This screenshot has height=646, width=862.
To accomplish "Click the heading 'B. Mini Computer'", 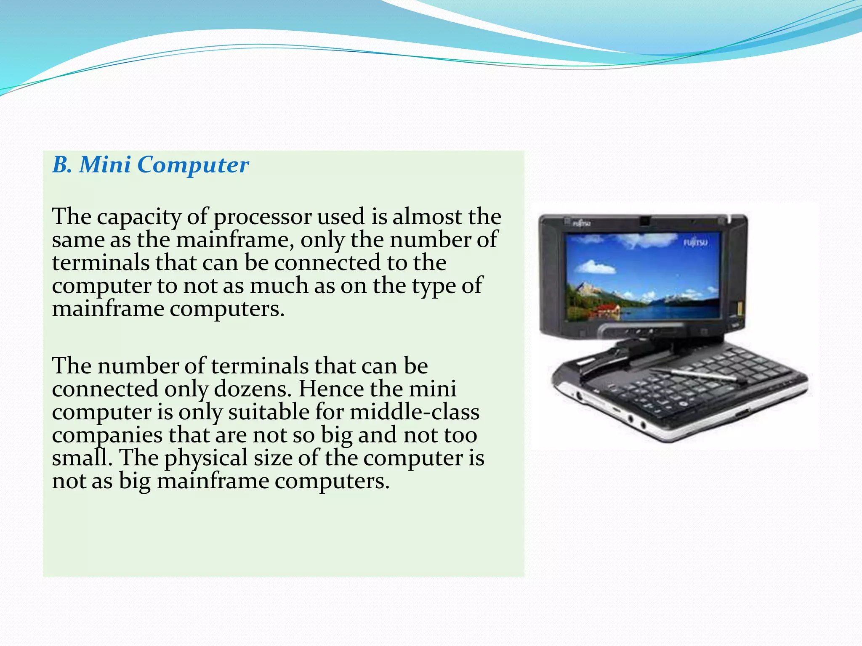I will (150, 164).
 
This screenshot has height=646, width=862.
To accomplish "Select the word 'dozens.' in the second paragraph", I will (253, 389).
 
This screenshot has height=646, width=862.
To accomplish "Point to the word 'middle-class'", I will (414, 412).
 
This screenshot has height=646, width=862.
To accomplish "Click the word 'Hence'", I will (331, 389).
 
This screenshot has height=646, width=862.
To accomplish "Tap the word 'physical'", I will (206, 458).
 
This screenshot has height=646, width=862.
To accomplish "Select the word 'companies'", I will (107, 435).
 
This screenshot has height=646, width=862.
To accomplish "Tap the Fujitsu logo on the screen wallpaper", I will (695, 243).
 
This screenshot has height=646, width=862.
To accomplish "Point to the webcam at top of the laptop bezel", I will (644, 220).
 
